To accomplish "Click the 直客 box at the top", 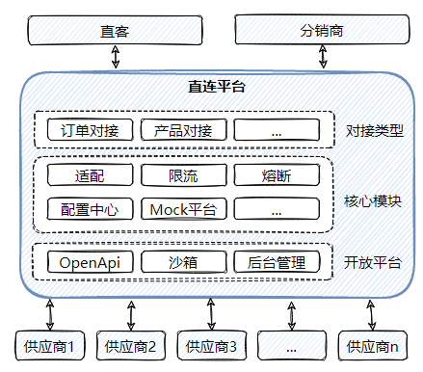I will tap(115, 31).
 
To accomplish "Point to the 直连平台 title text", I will tap(216, 87).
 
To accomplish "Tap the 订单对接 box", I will tap(89, 129).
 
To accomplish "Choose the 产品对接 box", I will tap(182, 129).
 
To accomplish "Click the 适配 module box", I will tap(89, 175).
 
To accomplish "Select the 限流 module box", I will tap(182, 175).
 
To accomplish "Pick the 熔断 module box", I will tap(276, 175).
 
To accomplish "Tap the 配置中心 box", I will tap(89, 209).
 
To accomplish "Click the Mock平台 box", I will tap(182, 209).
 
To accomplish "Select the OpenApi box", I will tap(89, 262).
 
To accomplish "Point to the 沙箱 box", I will tap(182, 262).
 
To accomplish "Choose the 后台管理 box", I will tap(276, 262).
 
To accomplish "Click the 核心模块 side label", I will tap(372, 201).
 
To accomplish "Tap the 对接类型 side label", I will tap(372, 129).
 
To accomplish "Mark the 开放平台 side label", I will tap(372, 262).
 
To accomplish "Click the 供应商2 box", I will tap(131, 345).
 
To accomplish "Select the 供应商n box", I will tap(370, 345).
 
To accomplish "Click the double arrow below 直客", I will tap(116, 58).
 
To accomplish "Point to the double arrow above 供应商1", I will tap(49, 313).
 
